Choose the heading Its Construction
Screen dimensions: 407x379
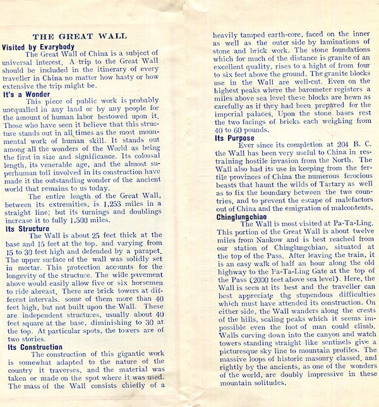point(35,347)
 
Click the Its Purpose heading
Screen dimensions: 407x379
point(236,137)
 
